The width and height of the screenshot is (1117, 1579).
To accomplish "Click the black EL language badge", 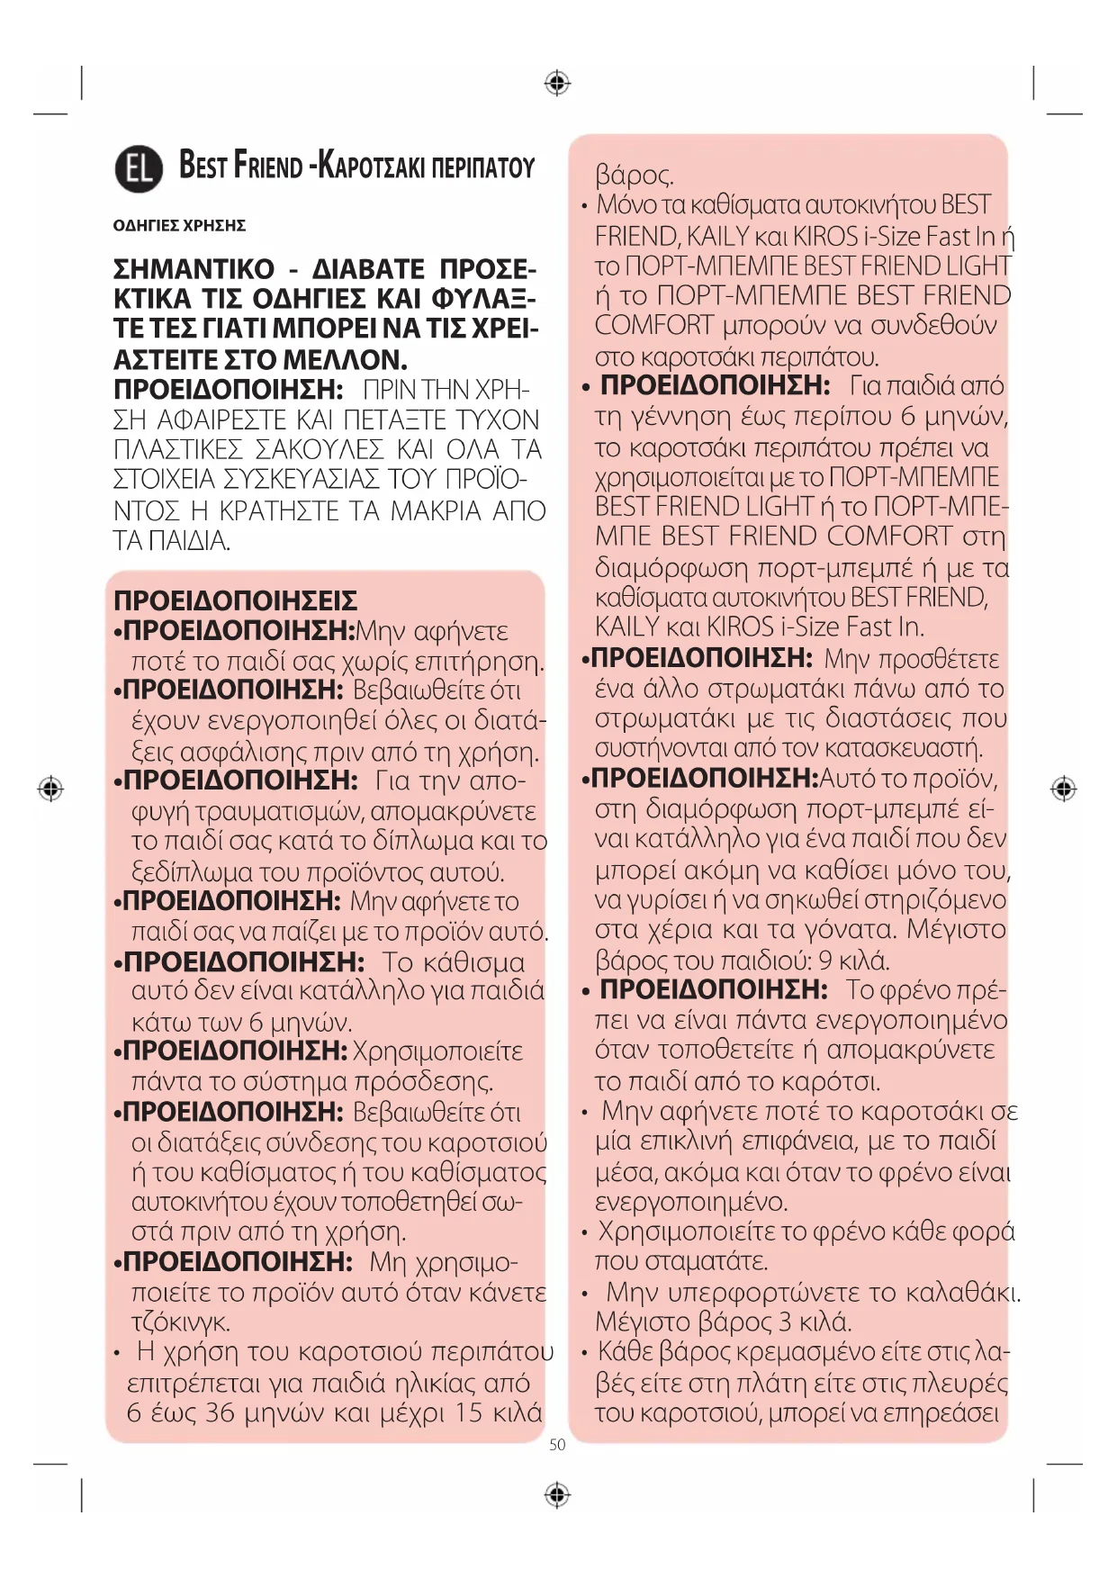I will [139, 168].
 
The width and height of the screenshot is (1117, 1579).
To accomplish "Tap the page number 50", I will [557, 1445].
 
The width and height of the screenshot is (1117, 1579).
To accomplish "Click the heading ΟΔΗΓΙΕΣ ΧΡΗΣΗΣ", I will [179, 225].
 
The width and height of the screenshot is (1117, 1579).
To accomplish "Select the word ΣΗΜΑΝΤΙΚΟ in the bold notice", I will [194, 269].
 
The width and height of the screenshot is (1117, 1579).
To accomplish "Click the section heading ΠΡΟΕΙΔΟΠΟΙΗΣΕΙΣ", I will [235, 600].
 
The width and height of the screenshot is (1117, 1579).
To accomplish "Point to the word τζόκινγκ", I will [181, 1322].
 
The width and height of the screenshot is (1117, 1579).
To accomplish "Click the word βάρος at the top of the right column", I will [634, 175].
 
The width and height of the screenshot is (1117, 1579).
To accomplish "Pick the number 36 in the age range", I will [220, 1412].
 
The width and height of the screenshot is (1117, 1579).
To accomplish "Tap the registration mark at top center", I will [558, 84].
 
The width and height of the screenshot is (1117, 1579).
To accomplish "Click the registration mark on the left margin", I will [51, 789].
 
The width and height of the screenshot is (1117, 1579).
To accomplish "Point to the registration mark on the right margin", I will [1064, 789].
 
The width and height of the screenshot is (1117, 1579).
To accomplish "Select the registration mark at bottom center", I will [558, 1495].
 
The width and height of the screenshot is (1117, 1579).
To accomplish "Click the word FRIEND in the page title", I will [268, 167].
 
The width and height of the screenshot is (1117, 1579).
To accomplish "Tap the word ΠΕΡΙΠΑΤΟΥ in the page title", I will [483, 168].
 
